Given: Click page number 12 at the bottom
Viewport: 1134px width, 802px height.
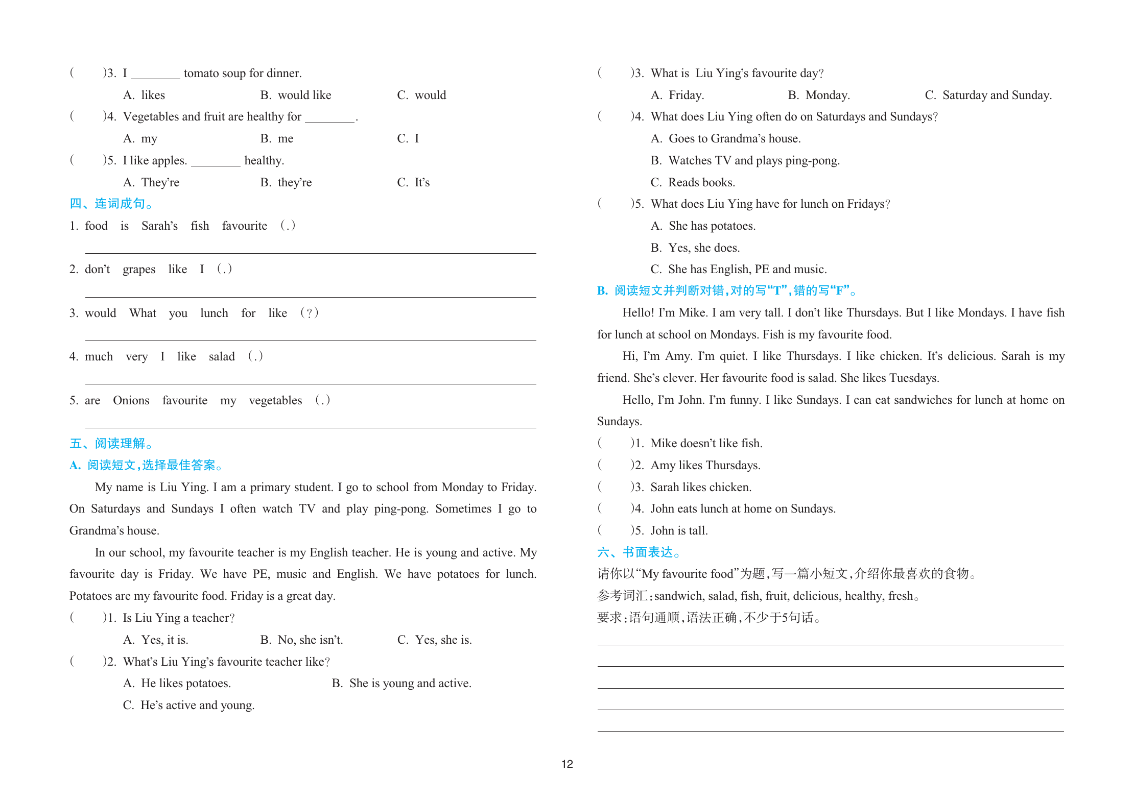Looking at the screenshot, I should pos(567,764).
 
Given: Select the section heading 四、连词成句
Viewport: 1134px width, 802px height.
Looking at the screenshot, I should pos(111,204).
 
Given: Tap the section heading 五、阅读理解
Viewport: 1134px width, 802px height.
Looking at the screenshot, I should pos(111,444).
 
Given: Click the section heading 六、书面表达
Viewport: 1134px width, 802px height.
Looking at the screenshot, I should pos(639,552).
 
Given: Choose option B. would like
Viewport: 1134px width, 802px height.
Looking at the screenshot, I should pos(296,95).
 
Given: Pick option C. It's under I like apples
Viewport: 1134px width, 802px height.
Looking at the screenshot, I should pos(413,183).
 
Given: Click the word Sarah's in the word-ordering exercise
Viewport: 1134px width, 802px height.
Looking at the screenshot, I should pos(159,226).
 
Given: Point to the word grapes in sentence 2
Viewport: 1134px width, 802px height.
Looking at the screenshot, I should pos(139,270).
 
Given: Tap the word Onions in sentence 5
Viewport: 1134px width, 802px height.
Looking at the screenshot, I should pos(131,401).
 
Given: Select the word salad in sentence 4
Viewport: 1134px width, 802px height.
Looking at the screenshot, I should pos(222,357).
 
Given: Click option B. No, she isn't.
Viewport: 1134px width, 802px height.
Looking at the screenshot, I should pos(301,640).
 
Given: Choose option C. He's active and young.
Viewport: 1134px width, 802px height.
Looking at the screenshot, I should pos(188,706).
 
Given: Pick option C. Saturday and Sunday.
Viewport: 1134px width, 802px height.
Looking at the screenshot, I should pos(988,95).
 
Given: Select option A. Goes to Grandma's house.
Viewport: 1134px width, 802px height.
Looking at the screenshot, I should pos(725,139).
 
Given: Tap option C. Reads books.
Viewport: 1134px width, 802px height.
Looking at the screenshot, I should pos(693,183).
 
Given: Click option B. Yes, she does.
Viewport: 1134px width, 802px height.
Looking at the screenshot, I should pos(695,248).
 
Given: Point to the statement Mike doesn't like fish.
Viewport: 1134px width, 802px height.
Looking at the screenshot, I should pos(706,444).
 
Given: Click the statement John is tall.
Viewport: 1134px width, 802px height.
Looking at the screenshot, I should pos(679,531).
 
